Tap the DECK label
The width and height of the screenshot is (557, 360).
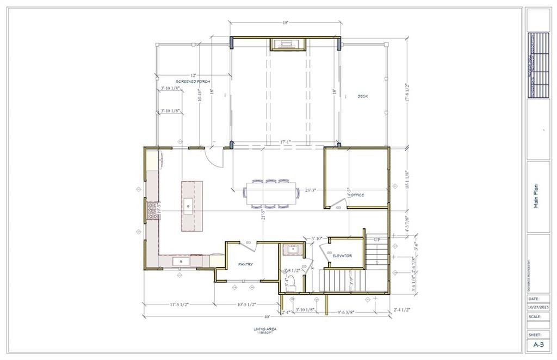point(363,96)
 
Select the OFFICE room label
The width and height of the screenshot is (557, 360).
point(357,195)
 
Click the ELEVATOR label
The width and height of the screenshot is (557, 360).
point(342,256)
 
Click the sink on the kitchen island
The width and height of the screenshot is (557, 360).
point(188,205)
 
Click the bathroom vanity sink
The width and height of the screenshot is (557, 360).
point(293,251)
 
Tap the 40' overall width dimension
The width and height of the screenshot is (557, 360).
point(267,317)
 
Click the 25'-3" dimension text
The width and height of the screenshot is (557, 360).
point(311,190)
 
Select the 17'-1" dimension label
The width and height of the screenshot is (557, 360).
point(285,142)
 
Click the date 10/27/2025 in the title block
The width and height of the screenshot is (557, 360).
point(538,306)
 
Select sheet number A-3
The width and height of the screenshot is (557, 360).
point(538,344)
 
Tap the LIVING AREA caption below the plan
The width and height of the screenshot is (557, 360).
point(263,329)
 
